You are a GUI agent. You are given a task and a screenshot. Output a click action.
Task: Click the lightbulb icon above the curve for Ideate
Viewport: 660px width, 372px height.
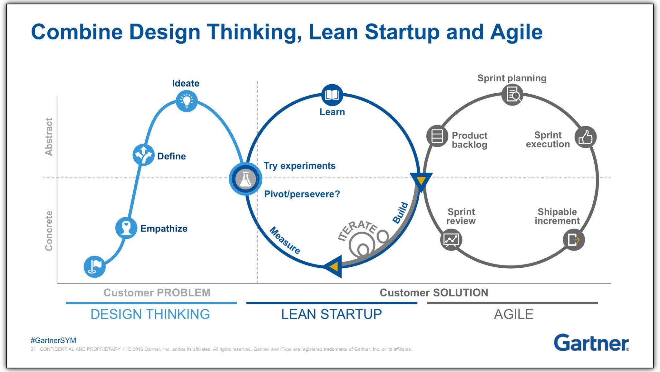coord(187,101)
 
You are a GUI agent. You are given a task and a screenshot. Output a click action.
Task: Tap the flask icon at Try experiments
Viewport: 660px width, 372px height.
coord(245,179)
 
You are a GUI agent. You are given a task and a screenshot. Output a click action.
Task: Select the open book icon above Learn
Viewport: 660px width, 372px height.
coord(332,95)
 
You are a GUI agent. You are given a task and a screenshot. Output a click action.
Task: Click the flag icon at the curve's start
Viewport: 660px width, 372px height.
coord(95,266)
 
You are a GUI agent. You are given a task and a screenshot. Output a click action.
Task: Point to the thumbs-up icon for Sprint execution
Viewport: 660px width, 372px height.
coord(586,137)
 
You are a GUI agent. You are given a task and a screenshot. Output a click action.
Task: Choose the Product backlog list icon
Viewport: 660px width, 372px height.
coord(437,136)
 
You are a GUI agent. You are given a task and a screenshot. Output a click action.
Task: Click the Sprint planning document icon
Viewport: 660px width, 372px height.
coord(512,95)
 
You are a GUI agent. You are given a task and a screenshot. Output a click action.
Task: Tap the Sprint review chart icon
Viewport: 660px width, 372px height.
coord(451,240)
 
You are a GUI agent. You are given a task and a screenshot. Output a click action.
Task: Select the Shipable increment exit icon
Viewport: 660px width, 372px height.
coord(574,240)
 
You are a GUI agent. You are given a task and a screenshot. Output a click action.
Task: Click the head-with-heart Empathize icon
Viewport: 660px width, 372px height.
coord(126,228)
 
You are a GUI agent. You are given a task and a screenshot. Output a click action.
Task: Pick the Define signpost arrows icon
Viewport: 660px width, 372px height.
coord(143,154)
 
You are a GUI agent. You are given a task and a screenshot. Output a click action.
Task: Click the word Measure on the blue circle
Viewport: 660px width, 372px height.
coord(285,240)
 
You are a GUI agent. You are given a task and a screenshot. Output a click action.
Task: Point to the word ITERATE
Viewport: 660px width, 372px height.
coord(357,230)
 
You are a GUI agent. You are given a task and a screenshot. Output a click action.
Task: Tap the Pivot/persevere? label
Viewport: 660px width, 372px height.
coord(302,194)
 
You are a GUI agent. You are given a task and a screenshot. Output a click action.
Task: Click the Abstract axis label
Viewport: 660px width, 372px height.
coord(49,137)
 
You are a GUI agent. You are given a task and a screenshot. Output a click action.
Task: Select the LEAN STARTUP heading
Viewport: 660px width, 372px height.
coord(331,314)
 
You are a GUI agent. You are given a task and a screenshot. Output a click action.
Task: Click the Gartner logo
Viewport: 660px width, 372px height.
coord(591,343)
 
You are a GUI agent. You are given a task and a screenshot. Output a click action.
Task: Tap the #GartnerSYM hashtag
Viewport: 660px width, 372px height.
coord(53,340)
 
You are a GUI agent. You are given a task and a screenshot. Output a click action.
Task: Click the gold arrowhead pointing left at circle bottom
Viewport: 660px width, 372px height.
coord(334,266)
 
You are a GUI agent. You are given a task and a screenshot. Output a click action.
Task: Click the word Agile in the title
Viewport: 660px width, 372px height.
coord(516,32)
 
